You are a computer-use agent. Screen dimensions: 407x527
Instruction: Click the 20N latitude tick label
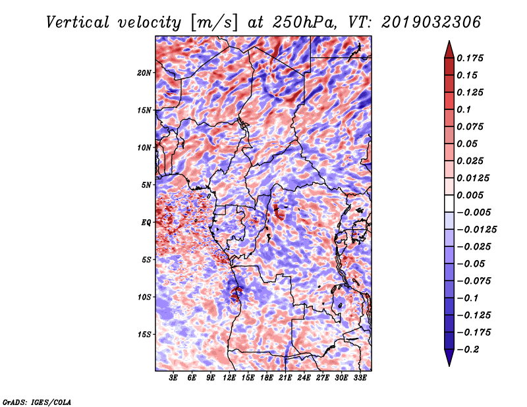[x=144, y=73]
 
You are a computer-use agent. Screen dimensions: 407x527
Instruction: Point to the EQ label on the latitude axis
[x=146, y=223]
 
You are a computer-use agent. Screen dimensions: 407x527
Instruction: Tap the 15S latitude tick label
[x=144, y=335]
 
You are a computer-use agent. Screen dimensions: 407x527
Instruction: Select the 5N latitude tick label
[x=146, y=185]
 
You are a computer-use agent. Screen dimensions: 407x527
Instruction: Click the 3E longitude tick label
[x=173, y=379]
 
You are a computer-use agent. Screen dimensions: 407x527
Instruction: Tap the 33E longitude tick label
[x=360, y=379]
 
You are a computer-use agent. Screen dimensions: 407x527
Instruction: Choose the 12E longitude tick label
[x=229, y=379]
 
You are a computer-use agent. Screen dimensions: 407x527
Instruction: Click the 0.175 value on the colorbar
[x=472, y=58]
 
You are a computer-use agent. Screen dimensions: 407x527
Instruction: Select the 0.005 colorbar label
[x=472, y=195]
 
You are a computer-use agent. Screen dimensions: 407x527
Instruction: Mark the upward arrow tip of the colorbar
[x=449, y=43]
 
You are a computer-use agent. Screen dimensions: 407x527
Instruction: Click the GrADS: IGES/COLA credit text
[x=37, y=401]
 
